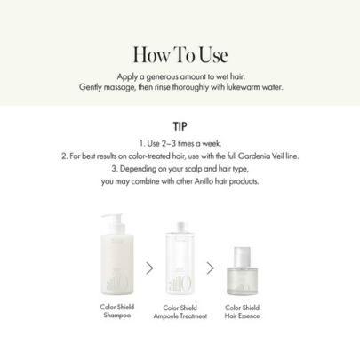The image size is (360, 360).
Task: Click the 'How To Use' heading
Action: pyautogui.click(x=180, y=55)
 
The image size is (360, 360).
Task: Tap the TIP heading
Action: pyautogui.click(x=180, y=126)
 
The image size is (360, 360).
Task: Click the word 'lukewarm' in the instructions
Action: pyautogui.click(x=244, y=87)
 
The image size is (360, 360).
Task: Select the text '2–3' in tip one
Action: pyautogui.click(x=169, y=144)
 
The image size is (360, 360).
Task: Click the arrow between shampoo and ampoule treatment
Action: pyautogui.click(x=150, y=268)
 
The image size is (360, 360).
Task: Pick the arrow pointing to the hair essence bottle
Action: pyautogui.click(x=210, y=268)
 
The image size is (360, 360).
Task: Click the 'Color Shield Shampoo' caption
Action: pyautogui.click(x=117, y=311)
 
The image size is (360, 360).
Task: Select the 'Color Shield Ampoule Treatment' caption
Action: pyautogui.click(x=180, y=312)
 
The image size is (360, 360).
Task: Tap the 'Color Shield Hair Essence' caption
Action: pyautogui.click(x=242, y=312)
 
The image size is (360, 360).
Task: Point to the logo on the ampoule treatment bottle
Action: pyautogui.click(x=180, y=284)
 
